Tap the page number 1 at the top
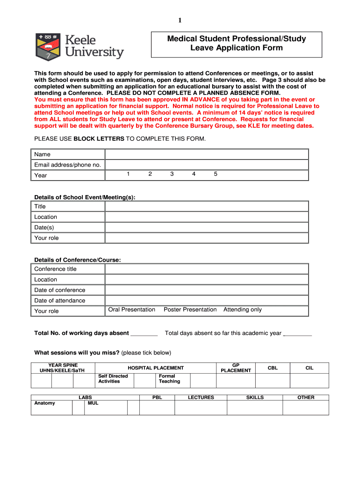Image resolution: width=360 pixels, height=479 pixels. pyautogui.click(x=180, y=20)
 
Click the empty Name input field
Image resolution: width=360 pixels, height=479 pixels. pyautogui.click(x=207, y=154)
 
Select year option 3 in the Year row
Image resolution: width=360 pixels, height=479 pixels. pyautogui.click(x=172, y=174)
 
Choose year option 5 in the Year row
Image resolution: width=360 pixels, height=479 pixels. pyautogui.click(x=216, y=174)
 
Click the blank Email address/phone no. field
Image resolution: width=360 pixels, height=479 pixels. pyautogui.click(x=207, y=165)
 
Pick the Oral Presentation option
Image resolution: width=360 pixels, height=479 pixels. pyautogui.click(x=131, y=310)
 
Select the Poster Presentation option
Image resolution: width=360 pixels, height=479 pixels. pyautogui.click(x=190, y=310)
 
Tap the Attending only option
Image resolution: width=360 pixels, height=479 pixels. pyautogui.click(x=243, y=310)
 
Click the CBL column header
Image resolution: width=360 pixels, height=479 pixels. pyautogui.click(x=273, y=368)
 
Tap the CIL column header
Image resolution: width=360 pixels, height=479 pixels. pyautogui.click(x=310, y=368)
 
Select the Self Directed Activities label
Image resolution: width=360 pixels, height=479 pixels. pyautogui.click(x=113, y=379)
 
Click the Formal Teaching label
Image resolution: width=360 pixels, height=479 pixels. pyautogui.click(x=169, y=379)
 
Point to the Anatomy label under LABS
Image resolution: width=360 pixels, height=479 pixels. pyautogui.click(x=44, y=403)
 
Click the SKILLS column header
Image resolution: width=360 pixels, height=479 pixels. pyautogui.click(x=255, y=398)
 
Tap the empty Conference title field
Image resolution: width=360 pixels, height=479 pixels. pyautogui.click(x=207, y=269)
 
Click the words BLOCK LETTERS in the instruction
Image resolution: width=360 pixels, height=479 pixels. pyautogui.click(x=99, y=139)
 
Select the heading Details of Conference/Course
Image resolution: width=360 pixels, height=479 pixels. pyautogui.click(x=78, y=260)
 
